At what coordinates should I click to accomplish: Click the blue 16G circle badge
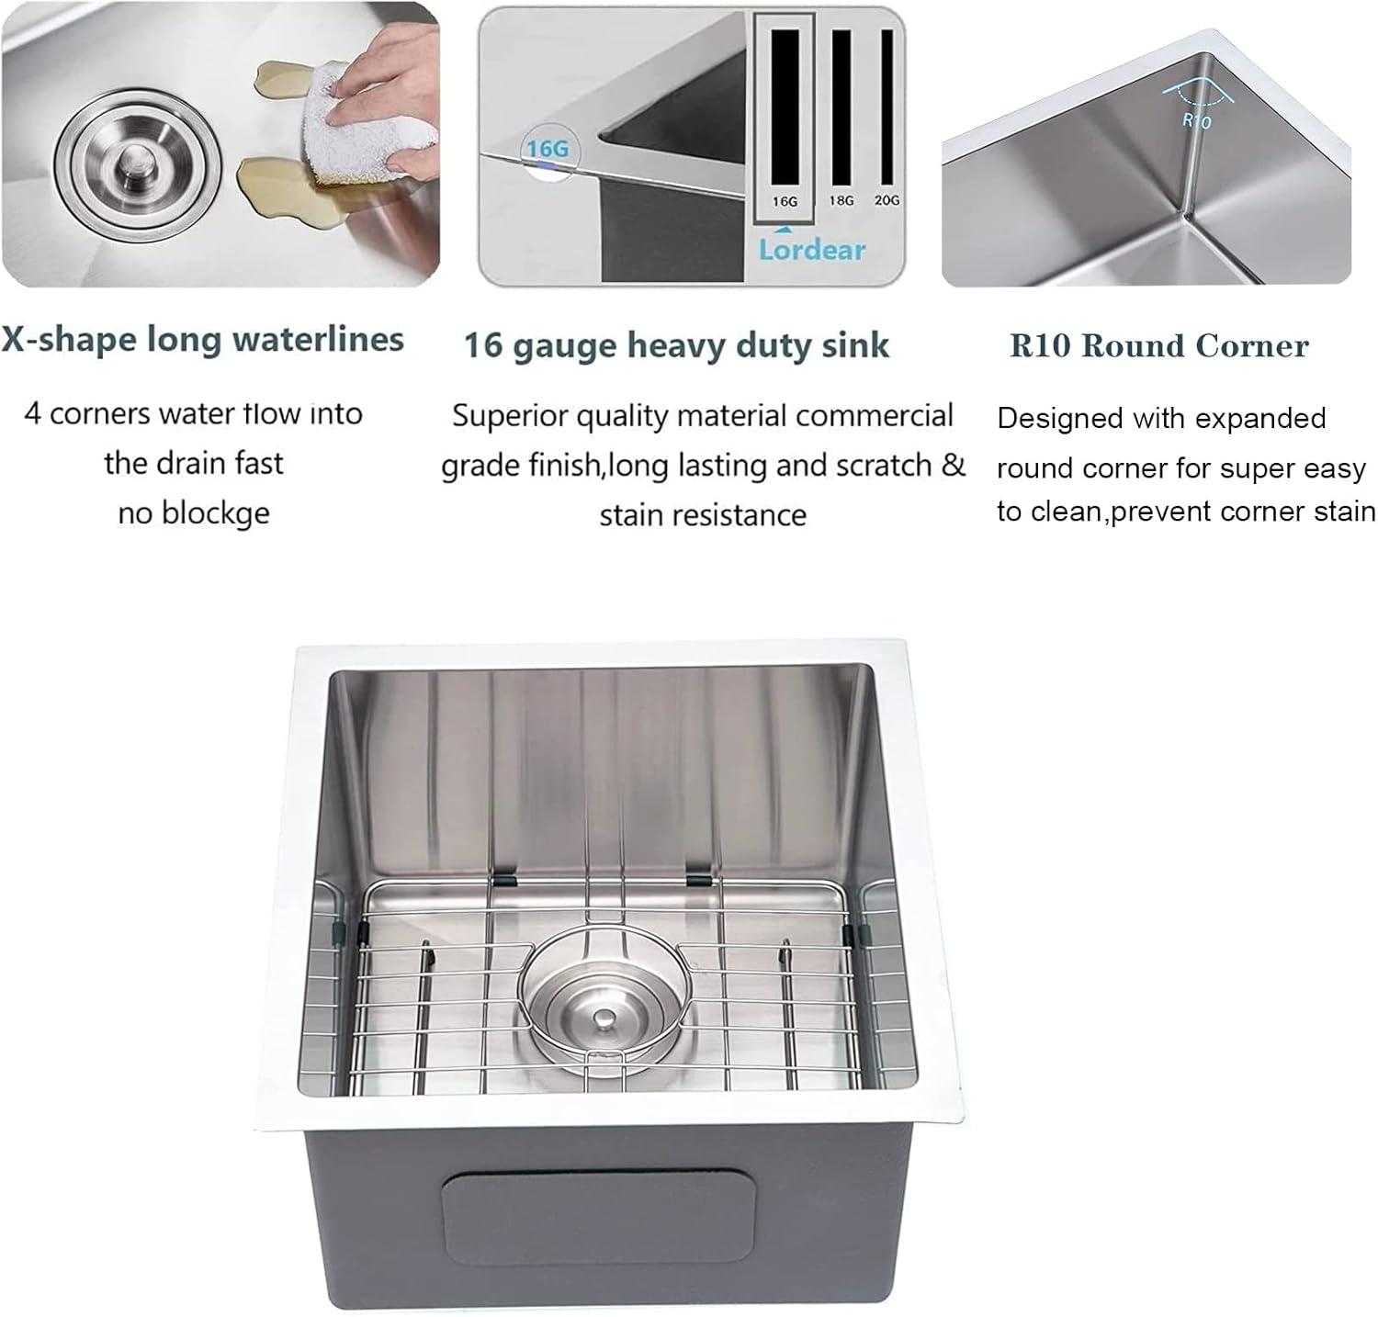(x=548, y=149)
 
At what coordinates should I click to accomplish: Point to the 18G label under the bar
(x=841, y=200)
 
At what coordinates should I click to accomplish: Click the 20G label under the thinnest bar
(x=887, y=199)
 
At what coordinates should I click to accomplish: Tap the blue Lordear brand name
(x=812, y=250)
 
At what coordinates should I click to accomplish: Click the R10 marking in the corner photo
(x=1196, y=119)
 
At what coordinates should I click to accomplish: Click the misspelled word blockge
(x=215, y=512)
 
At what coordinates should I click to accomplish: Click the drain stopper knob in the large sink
(x=604, y=1019)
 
